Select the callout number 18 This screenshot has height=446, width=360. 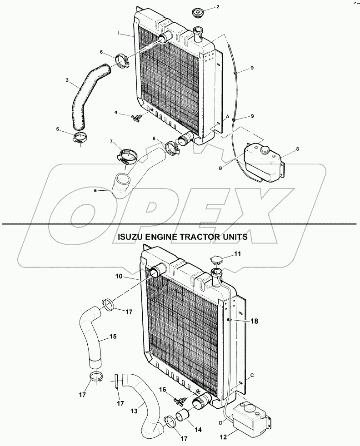click(x=254, y=321)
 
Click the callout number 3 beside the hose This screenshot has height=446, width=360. click(x=67, y=81)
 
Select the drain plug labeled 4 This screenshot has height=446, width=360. click(x=135, y=117)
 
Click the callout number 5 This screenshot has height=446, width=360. click(x=95, y=191)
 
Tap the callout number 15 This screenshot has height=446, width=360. click(x=112, y=337)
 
